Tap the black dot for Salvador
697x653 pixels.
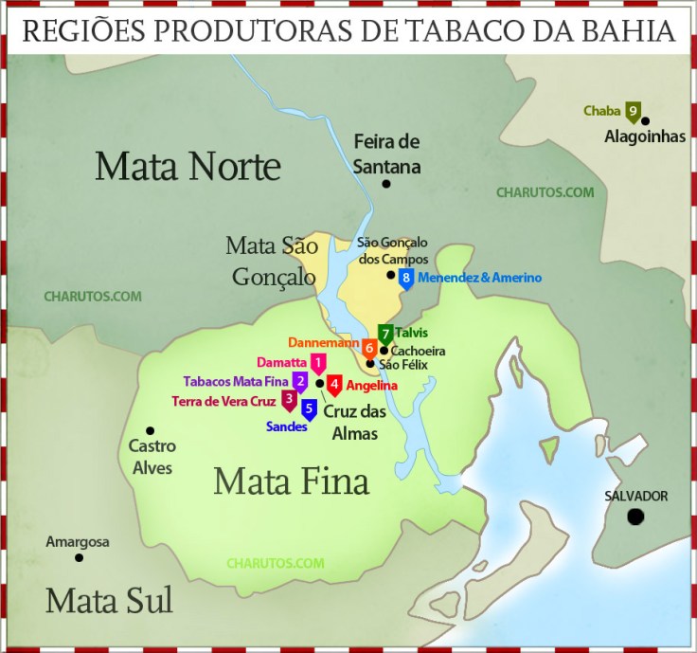click(x=635, y=517)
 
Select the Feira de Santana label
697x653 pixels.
click(x=386, y=154)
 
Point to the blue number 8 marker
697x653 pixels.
click(x=405, y=278)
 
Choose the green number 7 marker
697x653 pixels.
click(x=385, y=334)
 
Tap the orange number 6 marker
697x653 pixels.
click(x=369, y=348)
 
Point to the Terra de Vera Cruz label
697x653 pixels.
click(x=223, y=401)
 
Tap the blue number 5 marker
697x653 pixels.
click(x=309, y=409)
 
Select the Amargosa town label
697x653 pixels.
click(x=79, y=542)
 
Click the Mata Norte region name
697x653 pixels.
click(x=188, y=167)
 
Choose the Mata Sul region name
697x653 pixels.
click(x=109, y=600)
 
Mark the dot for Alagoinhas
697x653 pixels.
click(x=645, y=120)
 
